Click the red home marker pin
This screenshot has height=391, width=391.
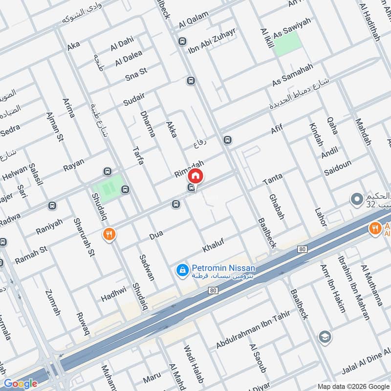coord(195,175)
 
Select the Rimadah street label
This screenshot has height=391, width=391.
coord(189,168)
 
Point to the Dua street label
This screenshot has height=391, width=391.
coord(156,236)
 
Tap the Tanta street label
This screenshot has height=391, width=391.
coord(273,179)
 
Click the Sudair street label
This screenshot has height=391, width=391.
coord(134,99)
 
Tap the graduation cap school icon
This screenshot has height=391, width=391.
coord(324,337)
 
